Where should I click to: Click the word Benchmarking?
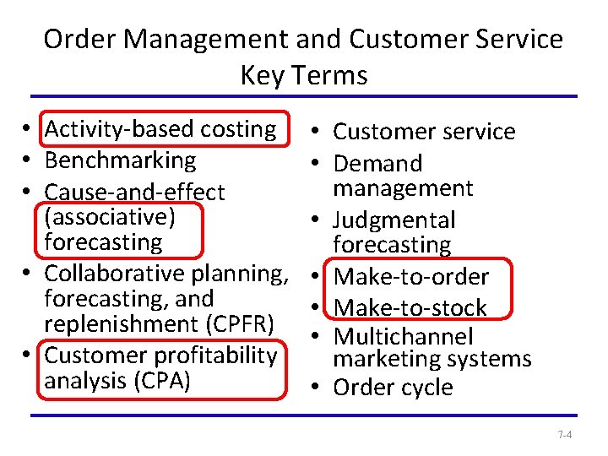pyautogui.click(x=120, y=160)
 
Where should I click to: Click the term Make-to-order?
pyautogui.click(x=411, y=277)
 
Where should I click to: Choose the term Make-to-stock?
pyautogui.click(x=410, y=307)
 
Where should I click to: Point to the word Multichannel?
pyautogui.click(x=403, y=337)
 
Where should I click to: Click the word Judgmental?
pyautogui.click(x=394, y=220)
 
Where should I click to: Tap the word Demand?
pyautogui.click(x=377, y=163)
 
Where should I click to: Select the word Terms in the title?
pyautogui.click(x=329, y=76)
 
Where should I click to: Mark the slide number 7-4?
pyautogui.click(x=565, y=436)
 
